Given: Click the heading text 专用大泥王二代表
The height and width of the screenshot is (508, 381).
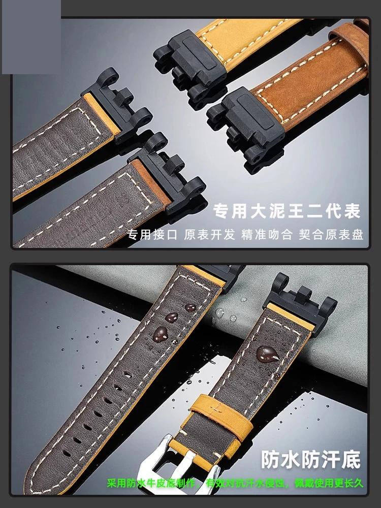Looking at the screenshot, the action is click(287, 211).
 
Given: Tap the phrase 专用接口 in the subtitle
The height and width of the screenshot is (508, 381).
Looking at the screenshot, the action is click(152, 234).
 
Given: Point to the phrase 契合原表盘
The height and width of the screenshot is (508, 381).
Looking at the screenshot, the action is click(331, 234).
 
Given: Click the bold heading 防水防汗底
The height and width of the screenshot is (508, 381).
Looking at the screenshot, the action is click(311, 459).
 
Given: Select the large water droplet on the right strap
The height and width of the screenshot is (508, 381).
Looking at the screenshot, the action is click(267, 354).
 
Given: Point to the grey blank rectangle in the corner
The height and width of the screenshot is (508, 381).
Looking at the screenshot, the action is click(31, 37).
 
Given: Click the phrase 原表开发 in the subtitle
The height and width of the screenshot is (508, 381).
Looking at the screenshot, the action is click(210, 234).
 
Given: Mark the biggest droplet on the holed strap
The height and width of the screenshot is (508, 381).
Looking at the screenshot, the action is click(161, 334).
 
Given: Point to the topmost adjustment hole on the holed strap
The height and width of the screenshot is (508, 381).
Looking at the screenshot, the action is click(128, 375).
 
